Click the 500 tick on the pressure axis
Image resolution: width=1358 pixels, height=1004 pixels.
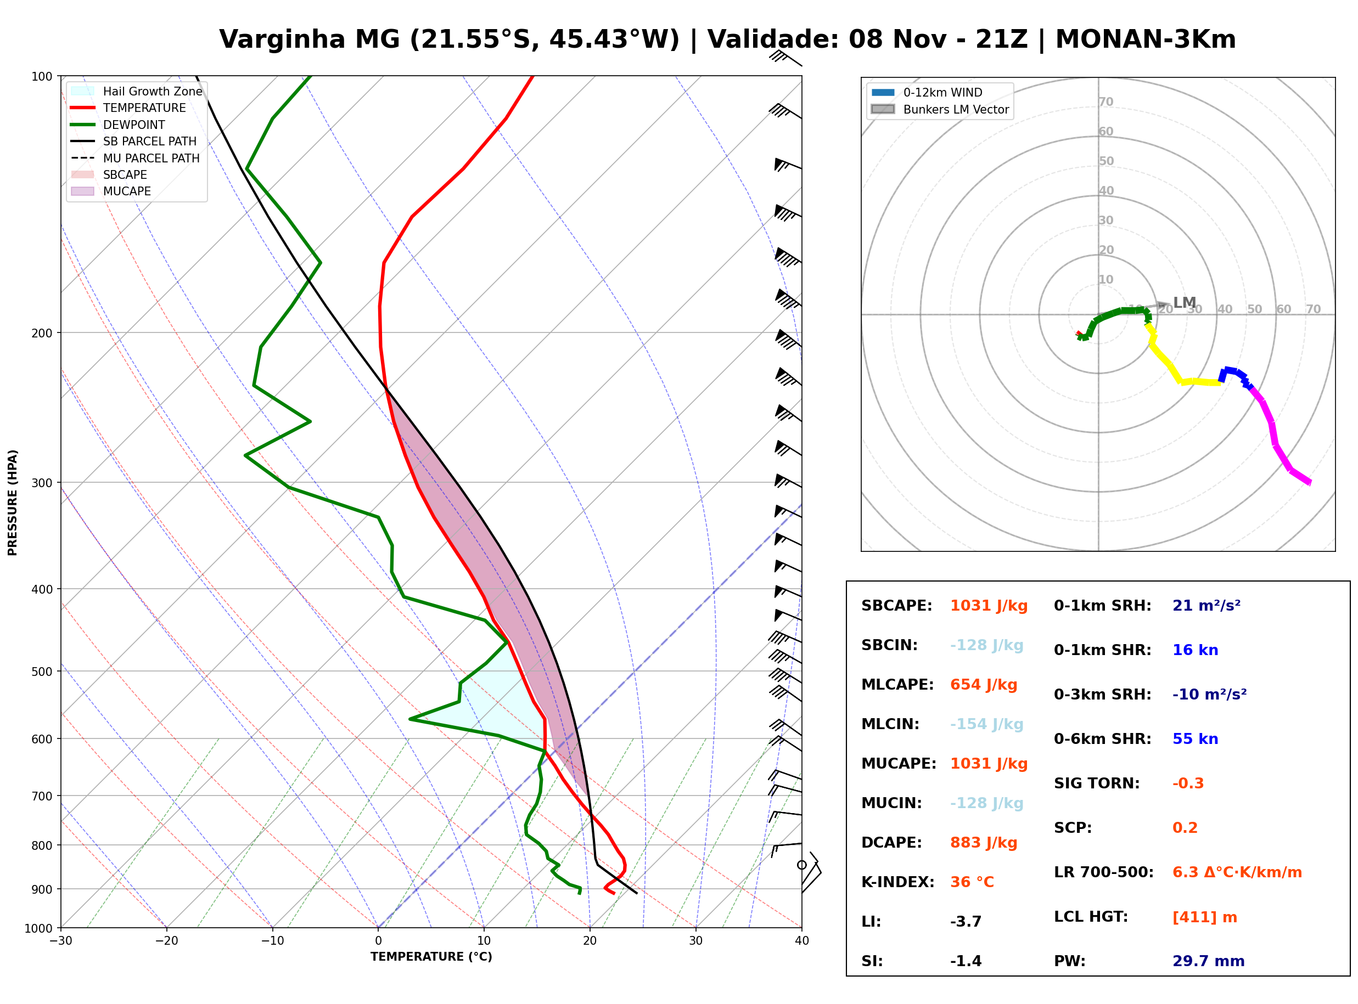(x=42, y=672)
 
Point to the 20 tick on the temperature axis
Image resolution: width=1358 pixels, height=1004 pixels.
(x=590, y=941)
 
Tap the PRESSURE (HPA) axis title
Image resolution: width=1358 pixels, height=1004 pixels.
(x=12, y=503)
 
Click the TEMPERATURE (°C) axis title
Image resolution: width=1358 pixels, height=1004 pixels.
(x=431, y=957)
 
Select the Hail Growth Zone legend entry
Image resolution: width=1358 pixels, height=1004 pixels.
(x=137, y=91)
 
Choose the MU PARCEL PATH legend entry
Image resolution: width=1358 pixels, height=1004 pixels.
(x=136, y=158)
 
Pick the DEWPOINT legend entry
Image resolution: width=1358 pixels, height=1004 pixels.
(x=118, y=125)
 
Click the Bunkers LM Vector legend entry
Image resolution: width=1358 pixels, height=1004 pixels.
(x=940, y=109)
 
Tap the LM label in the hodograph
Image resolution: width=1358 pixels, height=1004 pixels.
(x=1184, y=303)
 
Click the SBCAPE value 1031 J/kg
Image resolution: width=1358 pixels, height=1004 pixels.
(x=989, y=606)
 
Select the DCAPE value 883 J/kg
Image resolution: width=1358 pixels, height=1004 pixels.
(x=983, y=843)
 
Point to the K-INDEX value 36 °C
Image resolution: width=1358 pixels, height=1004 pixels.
(x=972, y=882)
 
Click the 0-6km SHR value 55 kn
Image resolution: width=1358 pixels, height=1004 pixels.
(x=1195, y=739)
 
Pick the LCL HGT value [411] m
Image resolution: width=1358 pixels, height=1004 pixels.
(x=1204, y=917)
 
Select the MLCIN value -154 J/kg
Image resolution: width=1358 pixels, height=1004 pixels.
(x=986, y=724)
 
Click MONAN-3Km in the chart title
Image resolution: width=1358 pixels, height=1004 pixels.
(x=1145, y=40)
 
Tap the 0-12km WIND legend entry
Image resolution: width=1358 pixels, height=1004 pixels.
(x=927, y=92)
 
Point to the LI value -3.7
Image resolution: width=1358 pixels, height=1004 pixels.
(x=966, y=922)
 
